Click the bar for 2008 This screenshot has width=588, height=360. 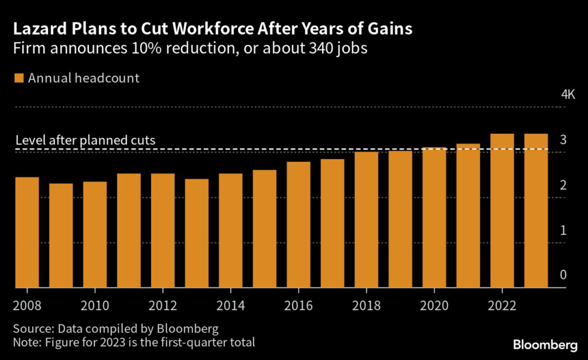pyautogui.click(x=27, y=233)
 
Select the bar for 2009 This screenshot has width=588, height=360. pyautogui.click(x=61, y=235)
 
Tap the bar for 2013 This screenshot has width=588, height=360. pyautogui.click(x=197, y=233)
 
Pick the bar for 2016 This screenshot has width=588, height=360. pyautogui.click(x=299, y=224)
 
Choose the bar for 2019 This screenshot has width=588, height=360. pyautogui.click(x=400, y=219)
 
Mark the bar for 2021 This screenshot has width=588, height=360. pyautogui.click(x=468, y=215)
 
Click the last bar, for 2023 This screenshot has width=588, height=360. pyautogui.click(x=536, y=210)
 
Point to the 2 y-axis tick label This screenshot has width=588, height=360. pyautogui.click(x=563, y=185)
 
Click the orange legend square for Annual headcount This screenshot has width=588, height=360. pyautogui.click(x=20, y=78)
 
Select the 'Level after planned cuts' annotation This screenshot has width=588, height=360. pyautogui.click(x=85, y=140)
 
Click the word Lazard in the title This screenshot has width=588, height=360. pyautogui.click(x=40, y=29)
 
